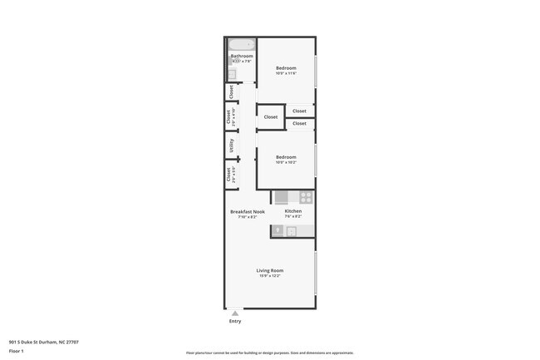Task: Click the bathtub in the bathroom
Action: click(x=242, y=44)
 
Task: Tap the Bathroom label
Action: click(x=242, y=56)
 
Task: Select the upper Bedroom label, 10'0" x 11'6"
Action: click(x=286, y=67)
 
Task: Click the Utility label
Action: click(x=232, y=145)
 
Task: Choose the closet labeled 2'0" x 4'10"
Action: click(x=228, y=116)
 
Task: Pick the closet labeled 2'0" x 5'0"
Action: click(x=228, y=175)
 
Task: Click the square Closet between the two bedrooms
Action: click(x=271, y=117)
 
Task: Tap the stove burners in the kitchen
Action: click(x=306, y=198)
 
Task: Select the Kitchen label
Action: click(x=293, y=211)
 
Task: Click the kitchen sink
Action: click(x=292, y=231)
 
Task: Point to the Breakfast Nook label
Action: click(x=247, y=211)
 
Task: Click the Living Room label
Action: click(x=270, y=271)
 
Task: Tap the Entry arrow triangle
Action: click(x=235, y=313)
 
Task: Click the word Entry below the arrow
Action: click(x=235, y=321)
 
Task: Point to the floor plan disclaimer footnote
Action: click(x=270, y=353)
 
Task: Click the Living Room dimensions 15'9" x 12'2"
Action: click(x=270, y=277)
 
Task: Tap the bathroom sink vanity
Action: click(x=233, y=74)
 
